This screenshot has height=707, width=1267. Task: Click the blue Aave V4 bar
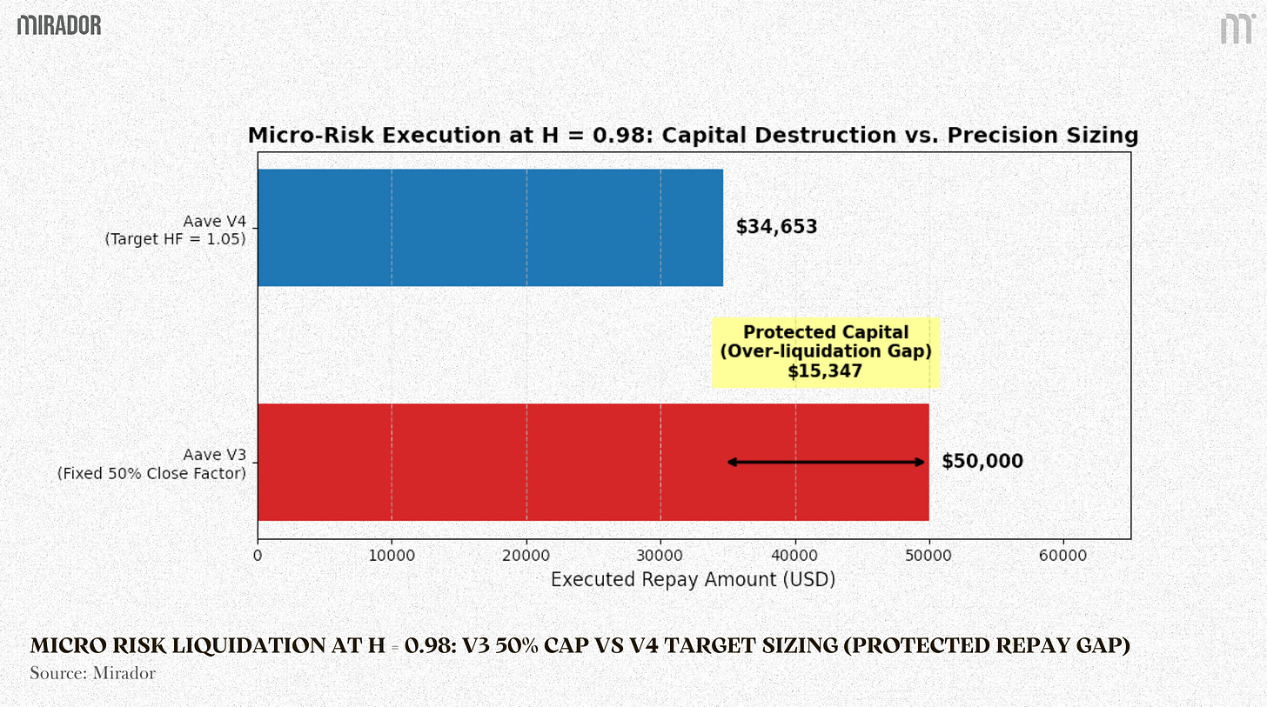pos(490,228)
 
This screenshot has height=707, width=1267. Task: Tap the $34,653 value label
pos(776,228)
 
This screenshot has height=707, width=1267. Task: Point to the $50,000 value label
pos(982,462)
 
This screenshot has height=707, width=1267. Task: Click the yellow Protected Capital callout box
pos(825,352)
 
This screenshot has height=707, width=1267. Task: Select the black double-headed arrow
pos(826,462)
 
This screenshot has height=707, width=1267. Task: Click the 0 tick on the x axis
pos(258,555)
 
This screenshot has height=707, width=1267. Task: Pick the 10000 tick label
pos(392,555)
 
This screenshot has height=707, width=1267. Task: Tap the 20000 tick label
pos(526,555)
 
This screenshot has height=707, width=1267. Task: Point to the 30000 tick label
pos(660,555)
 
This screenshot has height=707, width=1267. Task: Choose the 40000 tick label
pos(795,555)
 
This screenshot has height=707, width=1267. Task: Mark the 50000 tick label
pos(929,555)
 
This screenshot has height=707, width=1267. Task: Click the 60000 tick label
pos(1063,555)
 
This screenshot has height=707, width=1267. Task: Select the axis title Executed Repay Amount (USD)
pos(693,579)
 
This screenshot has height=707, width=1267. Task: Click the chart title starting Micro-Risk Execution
pos(693,136)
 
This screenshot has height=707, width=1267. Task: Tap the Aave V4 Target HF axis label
pos(175,230)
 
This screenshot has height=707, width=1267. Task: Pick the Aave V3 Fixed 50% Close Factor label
pos(151,464)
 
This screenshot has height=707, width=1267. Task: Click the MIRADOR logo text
pos(59,25)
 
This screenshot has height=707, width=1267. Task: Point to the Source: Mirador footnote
pos(92,673)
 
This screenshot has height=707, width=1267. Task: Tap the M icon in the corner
pos(1236,29)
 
